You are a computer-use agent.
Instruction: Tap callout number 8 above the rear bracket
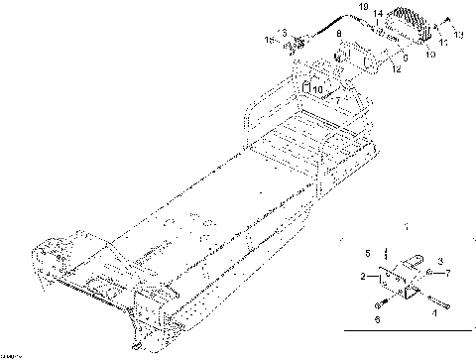coord(339,35)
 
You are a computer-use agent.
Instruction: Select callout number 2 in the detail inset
coord(364,277)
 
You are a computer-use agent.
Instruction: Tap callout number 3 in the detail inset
coord(440,260)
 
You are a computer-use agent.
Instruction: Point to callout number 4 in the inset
coord(433,311)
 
